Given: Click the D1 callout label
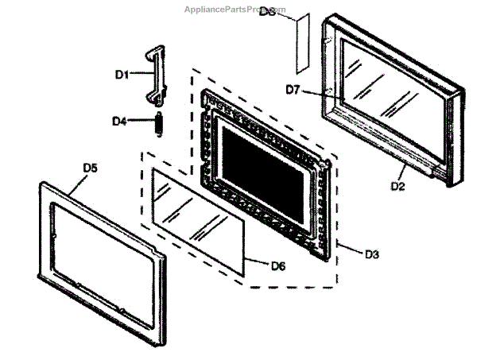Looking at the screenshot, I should pyautogui.click(x=122, y=74).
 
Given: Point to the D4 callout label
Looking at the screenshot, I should pyautogui.click(x=120, y=122).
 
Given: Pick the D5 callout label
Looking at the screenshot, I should pyautogui.click(x=91, y=168).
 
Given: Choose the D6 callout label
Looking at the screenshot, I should pyautogui.click(x=277, y=265).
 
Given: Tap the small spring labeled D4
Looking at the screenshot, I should pyautogui.click(x=158, y=124).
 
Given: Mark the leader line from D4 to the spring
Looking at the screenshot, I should pyautogui.click(x=140, y=122).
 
